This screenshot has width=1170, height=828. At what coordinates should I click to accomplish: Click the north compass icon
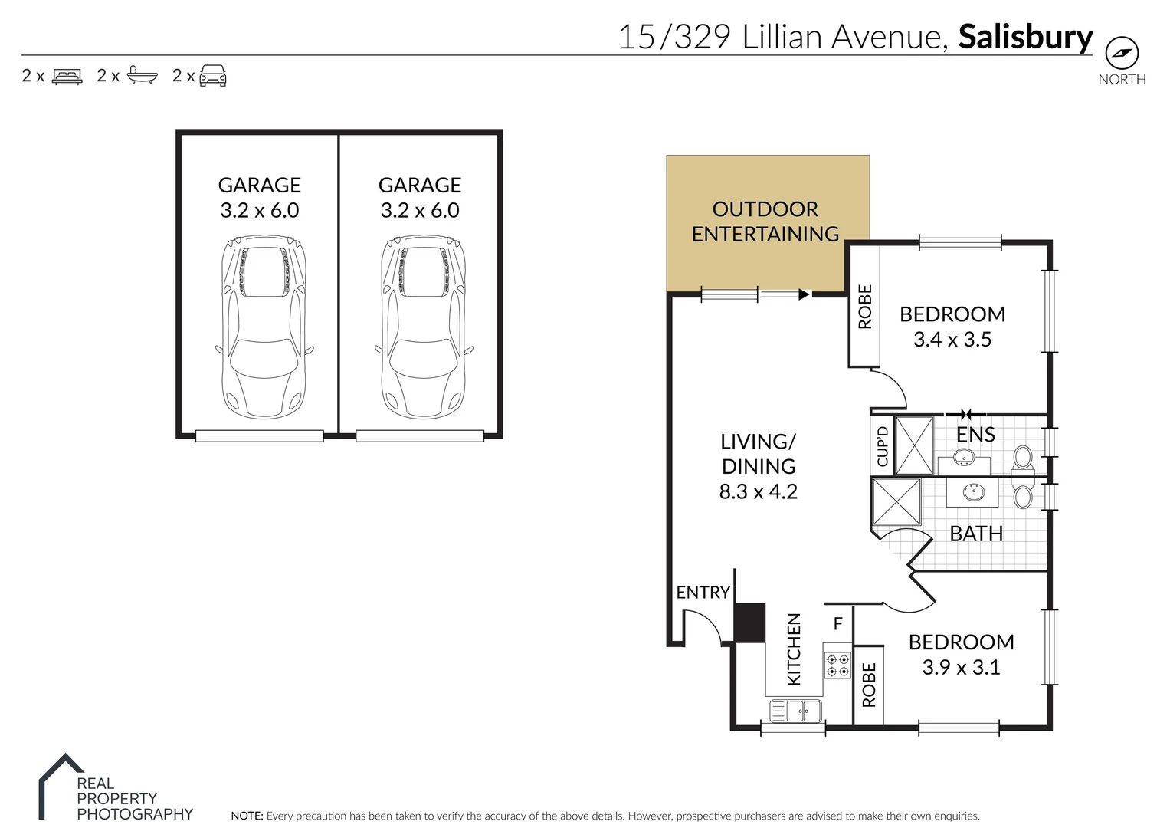1122,54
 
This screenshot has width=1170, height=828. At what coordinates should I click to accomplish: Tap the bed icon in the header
67,76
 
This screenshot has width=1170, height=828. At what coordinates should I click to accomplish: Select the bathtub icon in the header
142,75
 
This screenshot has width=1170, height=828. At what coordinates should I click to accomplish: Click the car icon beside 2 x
213,75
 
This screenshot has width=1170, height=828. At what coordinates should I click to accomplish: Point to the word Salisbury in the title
1025,37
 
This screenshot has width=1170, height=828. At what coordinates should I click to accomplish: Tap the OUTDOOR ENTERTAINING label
765,222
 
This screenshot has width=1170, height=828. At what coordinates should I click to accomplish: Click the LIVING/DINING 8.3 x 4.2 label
758,466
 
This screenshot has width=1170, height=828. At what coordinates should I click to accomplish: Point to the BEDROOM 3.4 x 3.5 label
952,327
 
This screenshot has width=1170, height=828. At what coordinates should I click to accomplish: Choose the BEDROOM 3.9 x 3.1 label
961,655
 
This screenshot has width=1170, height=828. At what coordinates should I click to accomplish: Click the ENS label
975,435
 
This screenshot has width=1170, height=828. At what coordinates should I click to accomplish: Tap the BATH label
976,534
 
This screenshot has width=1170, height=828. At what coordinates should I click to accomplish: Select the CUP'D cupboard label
882,446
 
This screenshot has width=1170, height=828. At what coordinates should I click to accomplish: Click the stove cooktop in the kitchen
837,665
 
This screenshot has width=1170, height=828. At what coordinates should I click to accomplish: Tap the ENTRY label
703,593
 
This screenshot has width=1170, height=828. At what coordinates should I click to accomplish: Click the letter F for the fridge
837,624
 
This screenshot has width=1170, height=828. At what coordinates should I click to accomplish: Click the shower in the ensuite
915,445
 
